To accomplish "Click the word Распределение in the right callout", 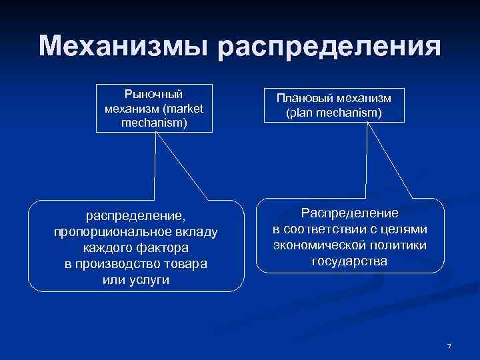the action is [349, 213].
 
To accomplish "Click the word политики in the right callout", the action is [401, 245].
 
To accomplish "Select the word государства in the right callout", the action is [349, 261].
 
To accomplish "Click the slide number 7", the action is [449, 345].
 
